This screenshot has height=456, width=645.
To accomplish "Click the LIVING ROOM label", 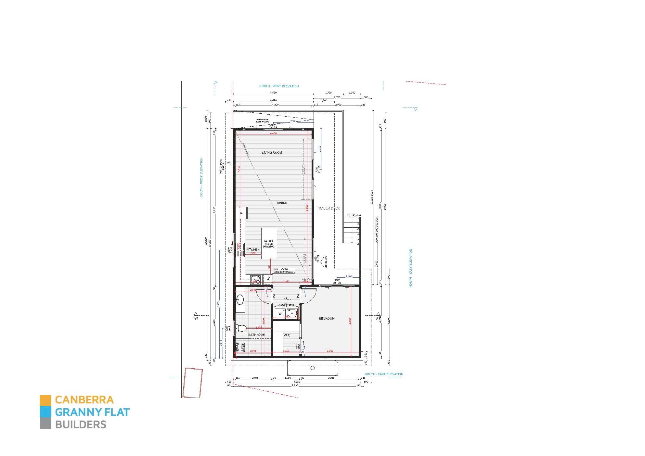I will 272,153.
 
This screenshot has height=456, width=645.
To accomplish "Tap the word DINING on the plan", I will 282,203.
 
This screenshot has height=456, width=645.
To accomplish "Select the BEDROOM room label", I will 327,319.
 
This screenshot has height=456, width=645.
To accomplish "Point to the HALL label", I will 287,298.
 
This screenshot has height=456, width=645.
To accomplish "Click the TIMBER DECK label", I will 328,208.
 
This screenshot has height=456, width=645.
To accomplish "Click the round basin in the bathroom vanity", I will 240,299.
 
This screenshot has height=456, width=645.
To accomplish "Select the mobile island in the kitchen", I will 269,243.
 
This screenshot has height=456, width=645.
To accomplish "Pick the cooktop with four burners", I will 255,280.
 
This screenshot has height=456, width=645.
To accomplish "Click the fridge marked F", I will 241,213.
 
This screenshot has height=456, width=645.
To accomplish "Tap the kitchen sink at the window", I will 240,250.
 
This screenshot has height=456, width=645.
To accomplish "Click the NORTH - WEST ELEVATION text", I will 279,86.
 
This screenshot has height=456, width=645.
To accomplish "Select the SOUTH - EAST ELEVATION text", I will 384,374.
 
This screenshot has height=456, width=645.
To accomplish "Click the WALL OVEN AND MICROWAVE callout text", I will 284,271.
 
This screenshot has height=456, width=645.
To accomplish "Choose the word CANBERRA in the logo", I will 84,400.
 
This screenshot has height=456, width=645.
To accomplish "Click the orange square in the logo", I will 45,400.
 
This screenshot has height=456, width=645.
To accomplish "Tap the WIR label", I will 287,336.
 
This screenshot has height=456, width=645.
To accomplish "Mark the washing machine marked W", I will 280,314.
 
